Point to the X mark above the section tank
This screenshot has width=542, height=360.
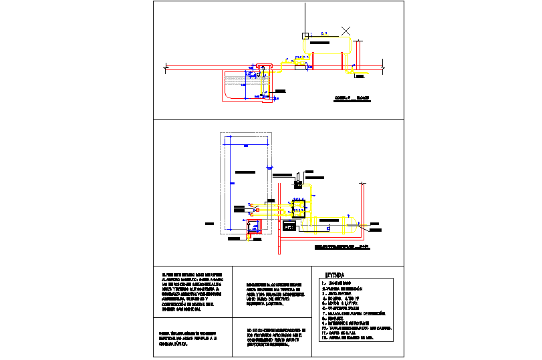coord(346,30)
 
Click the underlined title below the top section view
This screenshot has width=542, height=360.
coord(352,98)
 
